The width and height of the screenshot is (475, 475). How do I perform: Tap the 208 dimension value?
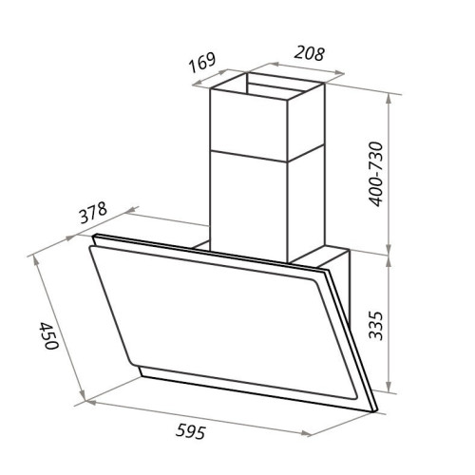pos(310,53)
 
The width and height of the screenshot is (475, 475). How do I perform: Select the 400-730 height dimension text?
pos(376,174)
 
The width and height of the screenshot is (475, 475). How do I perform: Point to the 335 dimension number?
pos(376,326)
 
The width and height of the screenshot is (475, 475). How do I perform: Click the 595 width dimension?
pos(191,431)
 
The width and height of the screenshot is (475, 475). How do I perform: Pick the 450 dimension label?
pos(48,335)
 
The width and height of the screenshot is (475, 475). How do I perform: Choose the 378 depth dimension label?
pos(93,213)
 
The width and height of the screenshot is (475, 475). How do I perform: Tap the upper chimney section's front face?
pos(249,124)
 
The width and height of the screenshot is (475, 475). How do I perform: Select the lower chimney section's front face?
pos(249,206)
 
